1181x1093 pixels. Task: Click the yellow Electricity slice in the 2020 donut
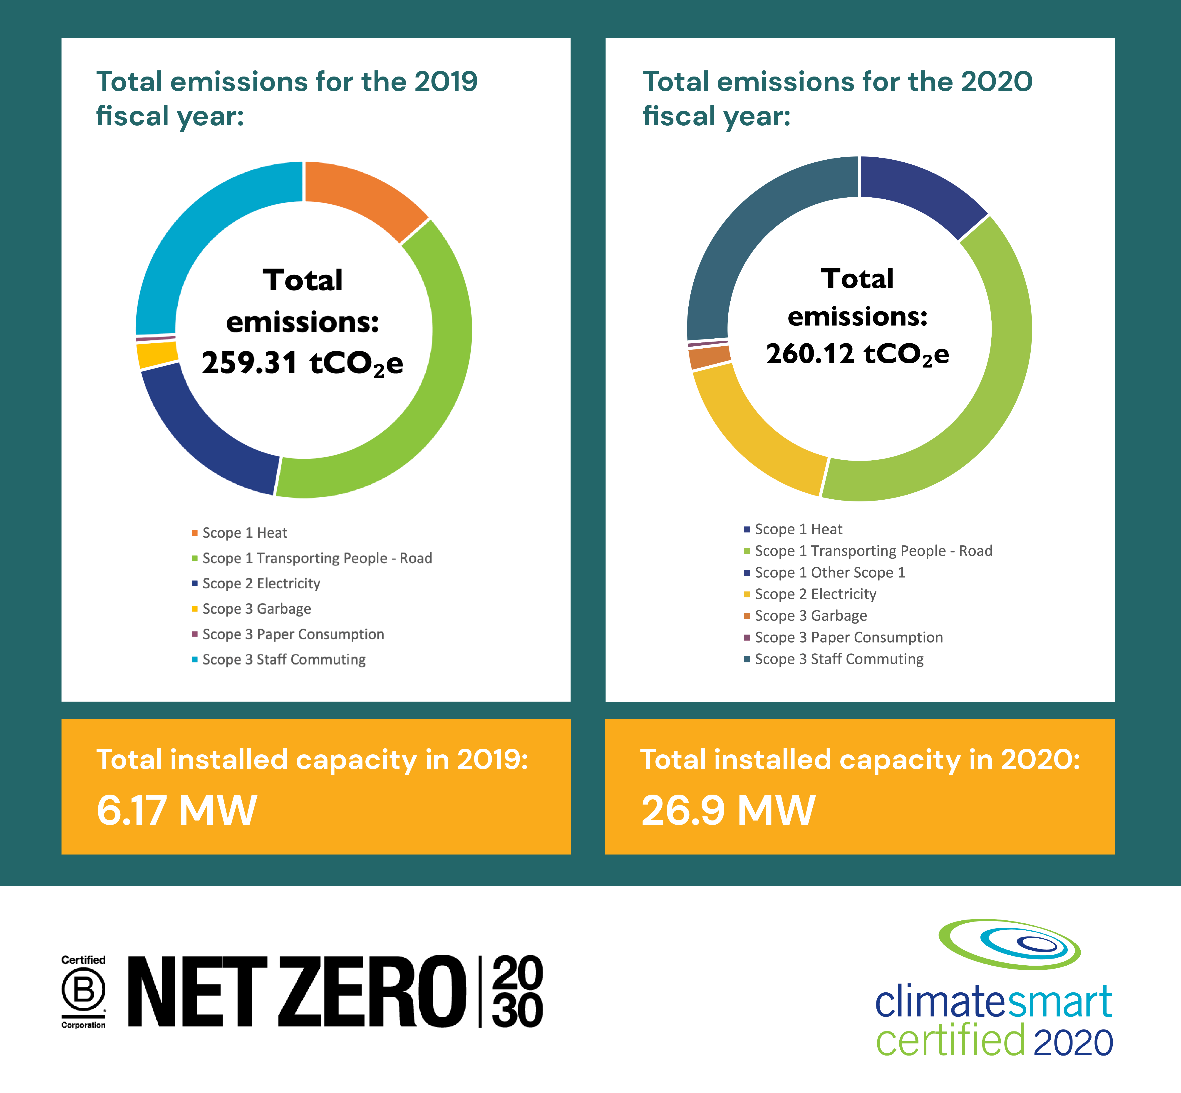(x=751, y=432)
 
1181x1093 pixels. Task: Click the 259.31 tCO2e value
(x=302, y=363)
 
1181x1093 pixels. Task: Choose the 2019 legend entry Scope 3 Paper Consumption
(x=293, y=634)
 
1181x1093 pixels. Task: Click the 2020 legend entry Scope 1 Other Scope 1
(x=829, y=573)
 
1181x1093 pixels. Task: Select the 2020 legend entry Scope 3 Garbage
(x=810, y=616)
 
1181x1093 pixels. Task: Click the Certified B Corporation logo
(x=83, y=992)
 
